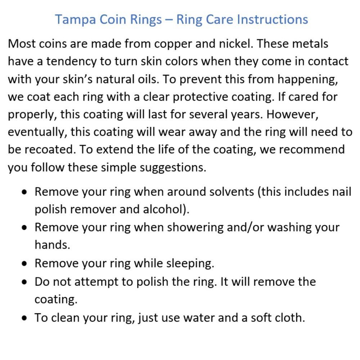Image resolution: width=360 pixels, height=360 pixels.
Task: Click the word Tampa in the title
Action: click(75, 20)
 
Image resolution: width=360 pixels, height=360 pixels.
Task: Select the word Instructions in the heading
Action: click(272, 19)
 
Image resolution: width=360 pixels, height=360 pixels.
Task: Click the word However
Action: click(292, 114)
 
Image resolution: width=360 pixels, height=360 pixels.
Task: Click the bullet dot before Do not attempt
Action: click(24, 282)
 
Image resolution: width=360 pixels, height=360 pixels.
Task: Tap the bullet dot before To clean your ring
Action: click(24, 318)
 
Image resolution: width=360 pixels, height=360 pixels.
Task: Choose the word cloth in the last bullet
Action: click(290, 318)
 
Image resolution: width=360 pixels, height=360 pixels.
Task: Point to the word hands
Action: click(52, 245)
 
